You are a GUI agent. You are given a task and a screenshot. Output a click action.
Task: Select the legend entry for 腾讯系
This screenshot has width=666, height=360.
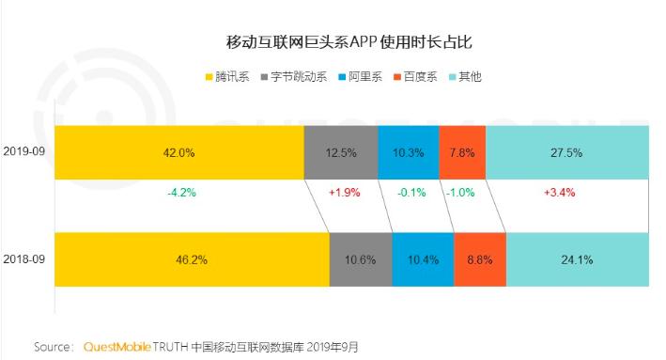tap(226, 76)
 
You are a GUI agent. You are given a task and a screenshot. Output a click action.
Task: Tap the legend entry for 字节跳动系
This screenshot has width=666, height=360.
tap(296, 76)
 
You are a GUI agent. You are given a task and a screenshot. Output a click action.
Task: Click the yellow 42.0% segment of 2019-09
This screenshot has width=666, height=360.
tap(179, 151)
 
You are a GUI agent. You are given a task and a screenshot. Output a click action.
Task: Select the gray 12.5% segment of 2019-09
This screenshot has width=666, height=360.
tap(341, 151)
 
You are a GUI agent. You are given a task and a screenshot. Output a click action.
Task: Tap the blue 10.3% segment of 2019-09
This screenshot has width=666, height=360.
tap(408, 151)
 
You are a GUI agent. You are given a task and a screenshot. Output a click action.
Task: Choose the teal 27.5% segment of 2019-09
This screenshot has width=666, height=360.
tap(566, 151)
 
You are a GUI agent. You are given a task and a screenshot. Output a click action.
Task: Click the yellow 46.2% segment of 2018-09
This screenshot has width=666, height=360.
tap(192, 258)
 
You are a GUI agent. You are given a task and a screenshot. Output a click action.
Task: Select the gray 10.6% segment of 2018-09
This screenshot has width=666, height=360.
tap(361, 258)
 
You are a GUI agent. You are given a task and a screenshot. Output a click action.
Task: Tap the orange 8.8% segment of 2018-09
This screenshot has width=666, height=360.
tap(479, 258)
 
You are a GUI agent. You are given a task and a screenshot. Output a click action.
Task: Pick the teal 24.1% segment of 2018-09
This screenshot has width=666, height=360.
tap(577, 258)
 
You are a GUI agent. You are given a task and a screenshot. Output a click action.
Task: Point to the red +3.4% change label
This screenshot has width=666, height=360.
tap(559, 192)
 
